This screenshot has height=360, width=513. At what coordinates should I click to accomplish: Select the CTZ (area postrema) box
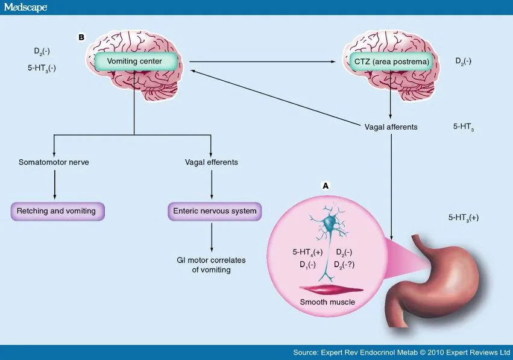[391, 61]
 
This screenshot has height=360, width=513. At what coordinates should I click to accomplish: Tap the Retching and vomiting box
[58, 211]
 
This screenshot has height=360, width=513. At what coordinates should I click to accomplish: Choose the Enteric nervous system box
[215, 211]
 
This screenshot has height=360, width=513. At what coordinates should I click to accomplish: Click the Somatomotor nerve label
[54, 162]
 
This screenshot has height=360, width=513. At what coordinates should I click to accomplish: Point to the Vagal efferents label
[210, 162]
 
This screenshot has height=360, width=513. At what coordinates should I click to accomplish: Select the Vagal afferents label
[391, 127]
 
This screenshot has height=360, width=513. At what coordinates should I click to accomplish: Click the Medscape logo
[25, 7]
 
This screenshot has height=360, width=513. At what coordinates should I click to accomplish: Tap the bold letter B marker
[81, 37]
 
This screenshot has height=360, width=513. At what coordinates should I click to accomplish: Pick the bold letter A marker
[326, 186]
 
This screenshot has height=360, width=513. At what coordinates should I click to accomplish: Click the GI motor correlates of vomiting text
[211, 265]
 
